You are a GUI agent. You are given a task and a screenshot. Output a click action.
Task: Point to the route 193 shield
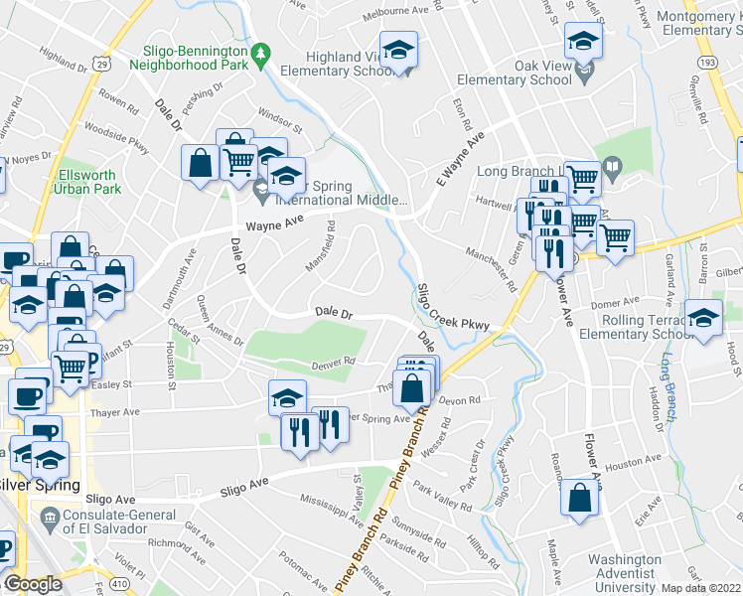(707, 61)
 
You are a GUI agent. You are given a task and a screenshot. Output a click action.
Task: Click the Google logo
(33, 583)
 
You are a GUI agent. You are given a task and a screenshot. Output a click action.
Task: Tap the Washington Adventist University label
(624, 574)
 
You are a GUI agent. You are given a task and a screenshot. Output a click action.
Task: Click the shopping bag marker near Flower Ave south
(579, 500)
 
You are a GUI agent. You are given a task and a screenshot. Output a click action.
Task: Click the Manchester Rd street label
(493, 268)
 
